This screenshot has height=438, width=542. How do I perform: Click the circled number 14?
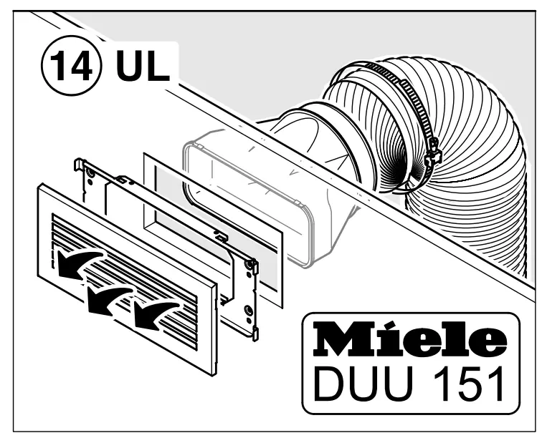tap(71, 67)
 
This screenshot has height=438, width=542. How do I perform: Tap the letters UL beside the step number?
tap(143, 66)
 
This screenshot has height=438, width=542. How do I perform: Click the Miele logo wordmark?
tap(409, 340)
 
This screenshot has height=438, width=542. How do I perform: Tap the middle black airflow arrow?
tap(109, 300)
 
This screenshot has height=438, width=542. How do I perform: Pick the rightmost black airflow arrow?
tap(156, 313)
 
